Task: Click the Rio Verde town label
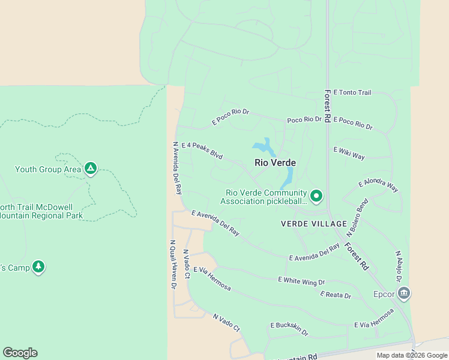coord(275,163)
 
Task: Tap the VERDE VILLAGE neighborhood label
coord(314,224)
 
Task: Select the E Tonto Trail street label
coord(352,92)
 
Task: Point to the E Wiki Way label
coord(349,153)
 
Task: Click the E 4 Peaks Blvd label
coord(202,151)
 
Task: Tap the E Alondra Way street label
coord(378,185)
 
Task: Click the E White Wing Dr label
coord(301,281)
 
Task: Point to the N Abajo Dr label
coord(398,266)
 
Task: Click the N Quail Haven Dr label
coord(172,265)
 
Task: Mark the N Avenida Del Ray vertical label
coord(176,168)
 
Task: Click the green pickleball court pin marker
coord(316,196)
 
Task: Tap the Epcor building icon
coord(404,293)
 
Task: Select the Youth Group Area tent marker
coord(91,169)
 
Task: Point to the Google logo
coord(20,353)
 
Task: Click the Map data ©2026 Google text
coord(411,355)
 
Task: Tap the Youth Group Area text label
coord(48,170)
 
